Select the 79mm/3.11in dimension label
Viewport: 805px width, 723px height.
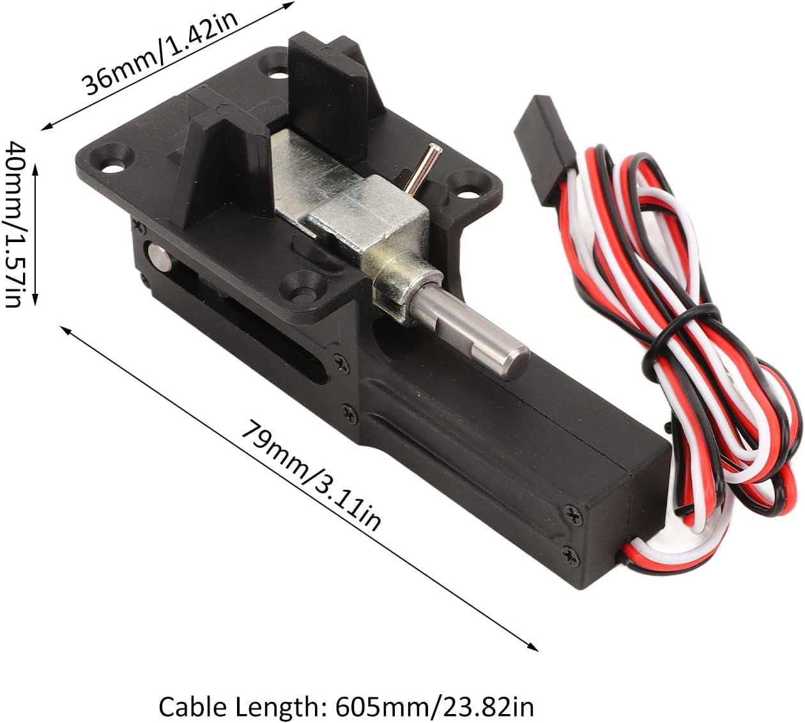(310, 476)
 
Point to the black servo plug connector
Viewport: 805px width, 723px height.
(545, 149)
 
